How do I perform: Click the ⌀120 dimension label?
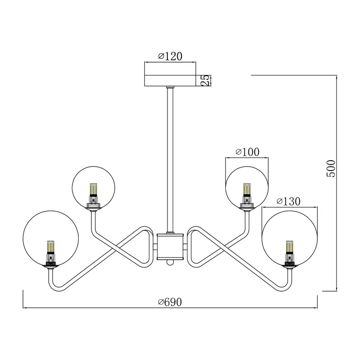[x=170, y=56]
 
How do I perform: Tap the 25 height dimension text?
[x=206, y=81]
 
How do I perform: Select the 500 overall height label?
[x=331, y=168]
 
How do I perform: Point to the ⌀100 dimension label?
[x=247, y=152]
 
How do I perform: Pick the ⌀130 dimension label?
[x=288, y=201]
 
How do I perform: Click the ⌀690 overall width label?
[x=170, y=302]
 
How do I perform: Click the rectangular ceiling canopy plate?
[x=170, y=81]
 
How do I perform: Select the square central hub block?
[x=170, y=247]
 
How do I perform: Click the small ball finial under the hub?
[x=170, y=262]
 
